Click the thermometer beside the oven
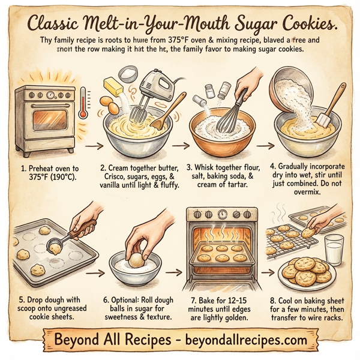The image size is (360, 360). pyautogui.click(x=82, y=100)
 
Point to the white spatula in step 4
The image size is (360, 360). pyautogui.click(x=329, y=114)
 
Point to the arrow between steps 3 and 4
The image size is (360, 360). pyautogui.click(x=266, y=145)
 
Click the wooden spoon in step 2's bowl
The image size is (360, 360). pyautogui.click(x=169, y=112)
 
